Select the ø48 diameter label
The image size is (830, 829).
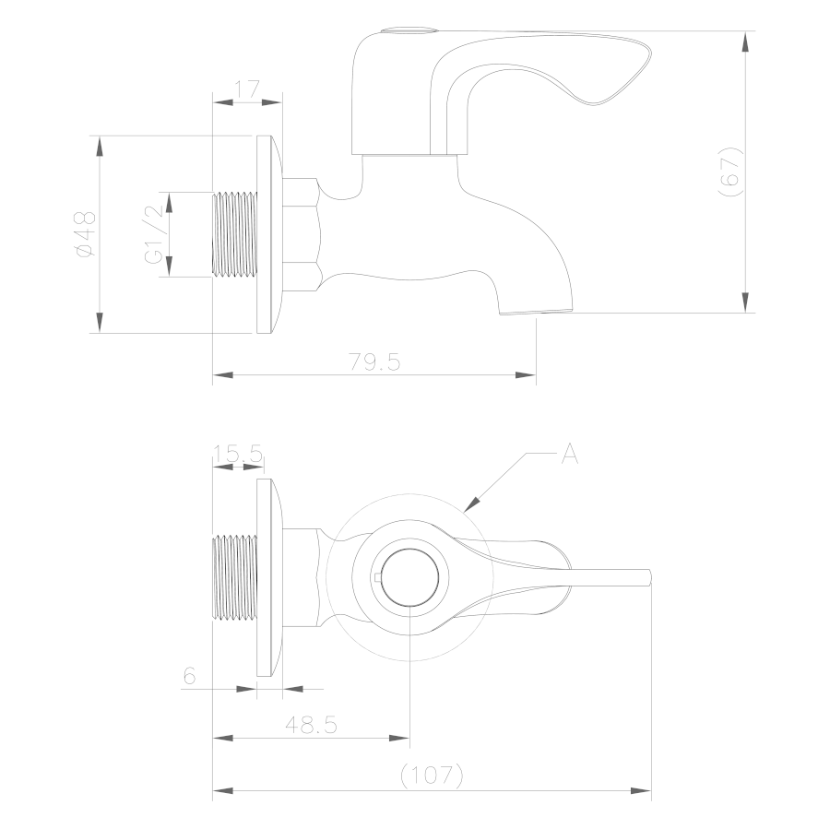coord(86,234)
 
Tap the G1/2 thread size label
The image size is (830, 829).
coord(154,234)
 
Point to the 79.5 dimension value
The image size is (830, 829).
coord(374,362)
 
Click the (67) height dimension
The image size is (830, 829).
coord(730,172)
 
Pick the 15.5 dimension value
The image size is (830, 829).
coord(238,455)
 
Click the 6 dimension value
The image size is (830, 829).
coord(189,676)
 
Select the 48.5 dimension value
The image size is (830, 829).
coord(312,724)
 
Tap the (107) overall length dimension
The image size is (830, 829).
coord(432,776)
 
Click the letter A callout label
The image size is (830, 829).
coord(570,455)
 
